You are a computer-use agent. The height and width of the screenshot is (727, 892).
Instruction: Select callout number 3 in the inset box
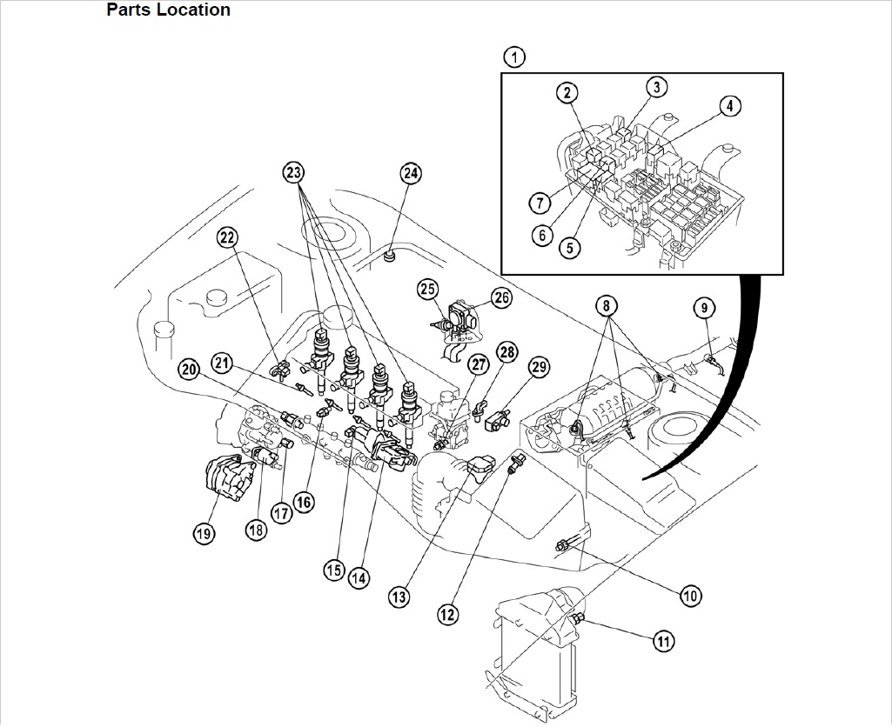(x=656, y=87)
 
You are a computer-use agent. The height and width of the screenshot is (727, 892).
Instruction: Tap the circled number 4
(x=729, y=106)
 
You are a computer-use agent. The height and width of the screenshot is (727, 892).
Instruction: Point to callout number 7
(x=540, y=203)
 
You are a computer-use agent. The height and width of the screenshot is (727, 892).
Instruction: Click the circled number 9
(x=704, y=307)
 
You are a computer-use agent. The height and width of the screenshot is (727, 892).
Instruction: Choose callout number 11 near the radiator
(x=663, y=642)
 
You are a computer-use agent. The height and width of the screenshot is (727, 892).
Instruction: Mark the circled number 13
(x=399, y=597)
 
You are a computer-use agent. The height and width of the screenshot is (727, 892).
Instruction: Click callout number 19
(x=204, y=534)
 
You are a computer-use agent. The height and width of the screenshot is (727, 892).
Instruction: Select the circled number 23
(x=295, y=172)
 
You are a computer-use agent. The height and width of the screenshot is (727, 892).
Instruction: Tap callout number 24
(x=410, y=173)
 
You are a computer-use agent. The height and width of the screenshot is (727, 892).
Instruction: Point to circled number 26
(x=501, y=297)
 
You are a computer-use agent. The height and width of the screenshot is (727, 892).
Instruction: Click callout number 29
(x=539, y=368)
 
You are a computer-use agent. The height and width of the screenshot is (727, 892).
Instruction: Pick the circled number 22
(x=227, y=237)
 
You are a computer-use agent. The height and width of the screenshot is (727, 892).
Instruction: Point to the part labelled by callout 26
(x=462, y=318)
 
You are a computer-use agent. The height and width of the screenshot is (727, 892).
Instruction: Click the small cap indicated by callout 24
(x=391, y=256)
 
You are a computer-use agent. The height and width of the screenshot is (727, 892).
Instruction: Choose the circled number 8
(x=607, y=305)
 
